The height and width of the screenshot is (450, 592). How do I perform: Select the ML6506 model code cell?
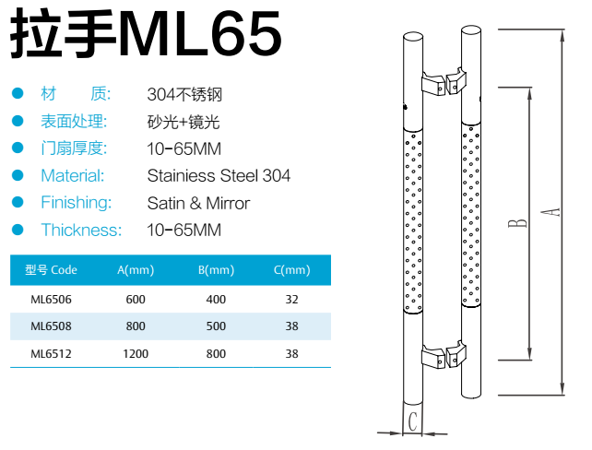pos(51,299)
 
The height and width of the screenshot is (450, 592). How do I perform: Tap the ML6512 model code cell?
pos(51,353)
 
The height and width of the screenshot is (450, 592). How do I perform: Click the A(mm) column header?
pos(135,270)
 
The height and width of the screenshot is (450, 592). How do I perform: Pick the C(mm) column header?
pos(292,270)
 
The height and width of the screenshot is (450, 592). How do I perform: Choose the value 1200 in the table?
pos(135,353)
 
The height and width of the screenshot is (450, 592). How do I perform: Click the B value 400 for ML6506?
pos(215,299)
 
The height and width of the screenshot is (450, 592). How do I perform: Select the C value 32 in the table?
pos(292,299)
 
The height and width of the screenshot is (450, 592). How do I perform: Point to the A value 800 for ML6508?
pos(135,326)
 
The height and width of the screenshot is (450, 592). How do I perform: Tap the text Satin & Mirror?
pos(198,203)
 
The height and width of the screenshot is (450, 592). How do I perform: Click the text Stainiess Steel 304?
pos(219,175)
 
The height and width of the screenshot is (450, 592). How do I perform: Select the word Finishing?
pos(76,203)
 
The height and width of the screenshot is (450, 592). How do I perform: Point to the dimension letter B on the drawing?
pos(520,220)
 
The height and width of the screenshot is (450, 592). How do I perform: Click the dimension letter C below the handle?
pos(414,423)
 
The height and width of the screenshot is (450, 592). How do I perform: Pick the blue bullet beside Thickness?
pos(17,230)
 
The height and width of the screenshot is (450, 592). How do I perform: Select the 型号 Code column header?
pos(51,270)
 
